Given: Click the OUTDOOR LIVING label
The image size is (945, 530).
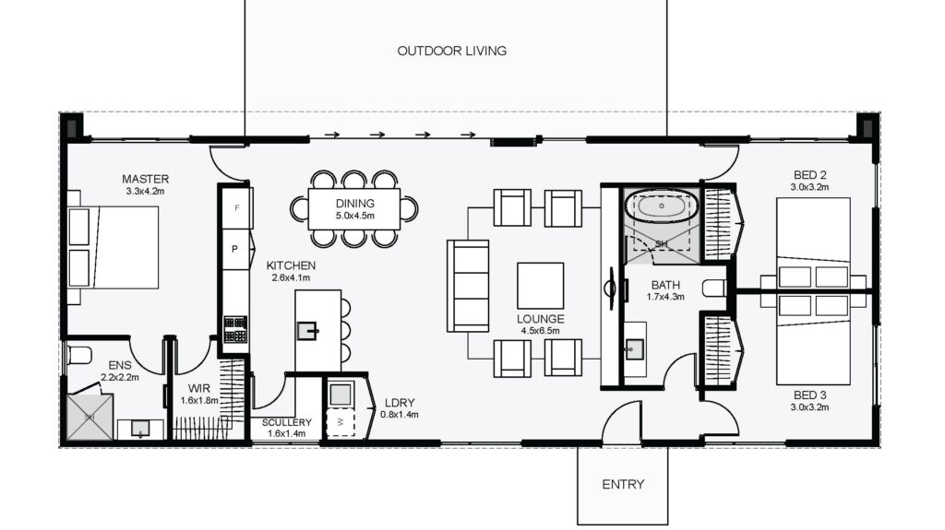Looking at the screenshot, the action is pos(452,52).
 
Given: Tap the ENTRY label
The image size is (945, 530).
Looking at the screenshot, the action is pos(623,484).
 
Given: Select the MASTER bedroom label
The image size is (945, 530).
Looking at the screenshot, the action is pos(145,179).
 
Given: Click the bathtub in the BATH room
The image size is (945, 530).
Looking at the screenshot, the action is pos(661,206).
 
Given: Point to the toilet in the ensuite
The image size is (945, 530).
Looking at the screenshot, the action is pos(78,355).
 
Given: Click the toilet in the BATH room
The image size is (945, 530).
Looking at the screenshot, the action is pos(715,288).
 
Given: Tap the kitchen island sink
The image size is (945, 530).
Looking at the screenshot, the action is pos(307,331).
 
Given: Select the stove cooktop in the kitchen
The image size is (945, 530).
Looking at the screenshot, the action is pos(235,329).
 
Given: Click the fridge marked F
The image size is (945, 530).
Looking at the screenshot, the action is pos(236,207).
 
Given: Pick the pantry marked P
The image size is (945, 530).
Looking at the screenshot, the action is pos(236,249).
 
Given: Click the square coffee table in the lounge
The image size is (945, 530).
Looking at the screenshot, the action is pos(541,286).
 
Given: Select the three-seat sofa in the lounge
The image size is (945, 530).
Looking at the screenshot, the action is pos(468,286).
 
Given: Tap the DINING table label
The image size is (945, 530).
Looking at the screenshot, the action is pos(355,204).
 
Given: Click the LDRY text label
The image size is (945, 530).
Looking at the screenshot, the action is pos(400,402).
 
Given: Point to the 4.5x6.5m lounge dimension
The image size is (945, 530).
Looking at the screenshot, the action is pos(541,331).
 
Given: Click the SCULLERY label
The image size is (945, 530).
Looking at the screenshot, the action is pos(287,422).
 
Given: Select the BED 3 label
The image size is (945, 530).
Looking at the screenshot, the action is pos(810,395).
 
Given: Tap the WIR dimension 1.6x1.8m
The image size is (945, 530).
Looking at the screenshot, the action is pos(199,401).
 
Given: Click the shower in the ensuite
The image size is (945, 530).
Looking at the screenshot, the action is pos(90,417).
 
